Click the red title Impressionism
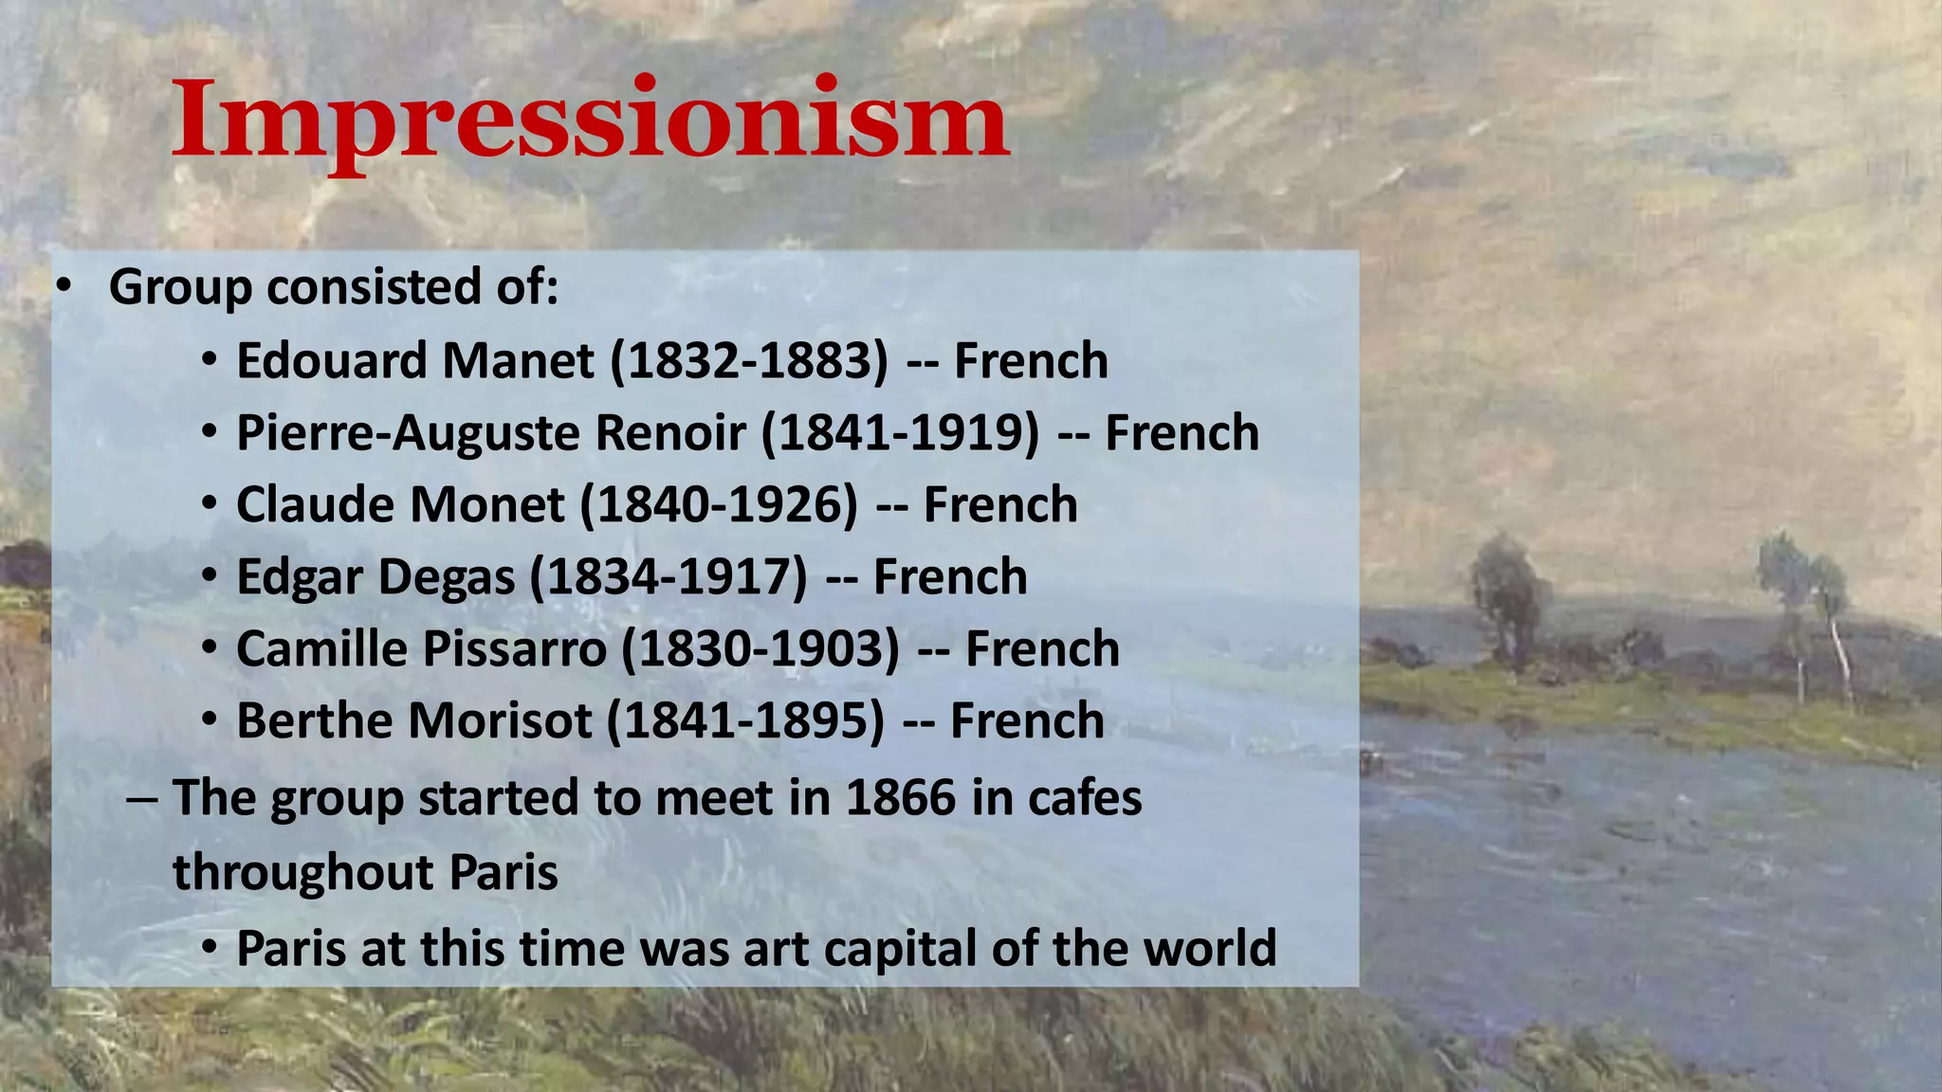tap(590, 120)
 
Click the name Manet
tap(519, 361)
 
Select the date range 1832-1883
tap(749, 361)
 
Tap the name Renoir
tap(670, 433)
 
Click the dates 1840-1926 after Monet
tap(719, 505)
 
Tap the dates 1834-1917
tap(669, 577)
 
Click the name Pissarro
tap(514, 649)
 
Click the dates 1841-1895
tap(745, 721)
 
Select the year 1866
tap(900, 798)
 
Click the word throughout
tap(302, 872)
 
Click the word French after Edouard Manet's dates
tap(1031, 361)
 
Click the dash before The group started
tap(141, 798)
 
